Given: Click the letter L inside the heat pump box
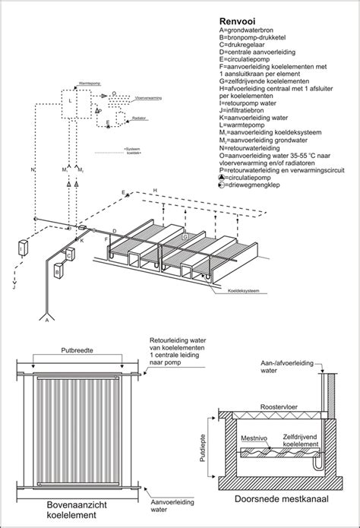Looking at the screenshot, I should coord(71,100).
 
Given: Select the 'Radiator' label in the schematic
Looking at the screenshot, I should coord(140,120).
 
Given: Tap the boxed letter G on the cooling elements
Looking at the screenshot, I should coord(183,238).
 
